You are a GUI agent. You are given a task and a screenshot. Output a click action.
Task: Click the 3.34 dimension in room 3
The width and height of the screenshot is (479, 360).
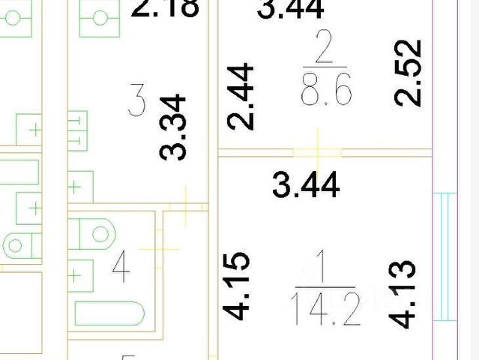coord(173,127)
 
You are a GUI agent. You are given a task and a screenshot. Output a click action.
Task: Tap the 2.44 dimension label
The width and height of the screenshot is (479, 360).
coord(241,97)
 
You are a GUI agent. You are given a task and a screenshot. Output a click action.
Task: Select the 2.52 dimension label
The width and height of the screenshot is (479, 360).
coord(409,73)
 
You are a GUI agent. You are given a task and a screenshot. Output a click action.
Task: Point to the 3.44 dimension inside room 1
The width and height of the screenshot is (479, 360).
coord(306,184)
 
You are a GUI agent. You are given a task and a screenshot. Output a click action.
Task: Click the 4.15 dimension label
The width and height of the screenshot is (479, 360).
coord(238,287)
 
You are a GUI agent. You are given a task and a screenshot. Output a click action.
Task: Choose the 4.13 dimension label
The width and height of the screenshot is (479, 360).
coord(403,293)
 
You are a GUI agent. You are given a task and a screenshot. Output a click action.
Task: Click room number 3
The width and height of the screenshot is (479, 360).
coord(136,102)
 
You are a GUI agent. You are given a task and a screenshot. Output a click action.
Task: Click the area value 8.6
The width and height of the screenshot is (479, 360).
coord(325,91)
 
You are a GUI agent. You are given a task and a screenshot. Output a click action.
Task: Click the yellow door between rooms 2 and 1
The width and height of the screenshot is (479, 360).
coord(319,152)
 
